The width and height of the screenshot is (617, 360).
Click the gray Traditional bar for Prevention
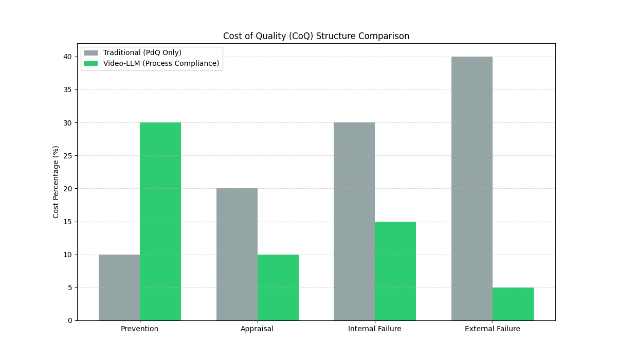coord(119,287)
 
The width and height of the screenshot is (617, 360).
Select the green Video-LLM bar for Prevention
coord(160,221)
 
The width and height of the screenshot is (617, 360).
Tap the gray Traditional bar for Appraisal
coord(237,255)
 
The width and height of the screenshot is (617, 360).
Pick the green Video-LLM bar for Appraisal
coord(278,287)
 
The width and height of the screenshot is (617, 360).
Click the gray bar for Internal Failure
coord(354,221)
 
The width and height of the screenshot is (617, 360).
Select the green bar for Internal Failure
coord(395,271)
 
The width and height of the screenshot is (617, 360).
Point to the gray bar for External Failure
coord(472,188)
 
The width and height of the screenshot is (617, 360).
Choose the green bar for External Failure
coord(513,304)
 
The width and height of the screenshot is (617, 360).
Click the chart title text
coord(316,36)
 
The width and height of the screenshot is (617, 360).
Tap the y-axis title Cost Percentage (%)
coord(56,182)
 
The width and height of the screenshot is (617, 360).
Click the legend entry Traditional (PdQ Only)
coord(142,52)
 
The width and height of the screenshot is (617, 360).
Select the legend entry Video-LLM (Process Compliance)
coord(161,63)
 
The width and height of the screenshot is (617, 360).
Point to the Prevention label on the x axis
coord(140,329)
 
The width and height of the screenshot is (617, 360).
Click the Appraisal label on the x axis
coord(257,329)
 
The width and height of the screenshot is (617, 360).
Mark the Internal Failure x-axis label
coord(375,329)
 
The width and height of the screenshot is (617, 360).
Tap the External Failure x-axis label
coord(493,329)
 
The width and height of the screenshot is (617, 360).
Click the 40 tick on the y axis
coord(68,57)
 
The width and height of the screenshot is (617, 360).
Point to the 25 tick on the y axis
coord(68,155)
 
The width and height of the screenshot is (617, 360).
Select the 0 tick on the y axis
coord(70,320)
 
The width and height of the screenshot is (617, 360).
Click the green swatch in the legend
coord(90,63)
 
